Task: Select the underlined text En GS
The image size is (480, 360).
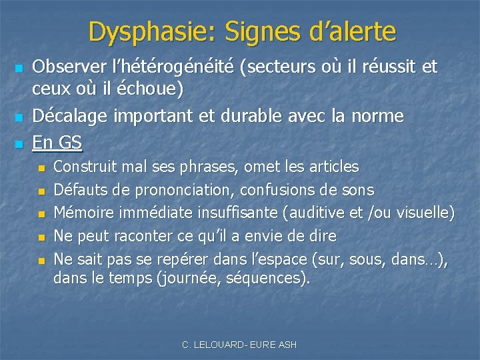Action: (57, 142)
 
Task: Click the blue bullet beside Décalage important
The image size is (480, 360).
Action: (19, 117)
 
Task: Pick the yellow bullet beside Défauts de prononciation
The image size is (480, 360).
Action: (41, 191)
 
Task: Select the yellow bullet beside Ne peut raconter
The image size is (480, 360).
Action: (41, 237)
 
